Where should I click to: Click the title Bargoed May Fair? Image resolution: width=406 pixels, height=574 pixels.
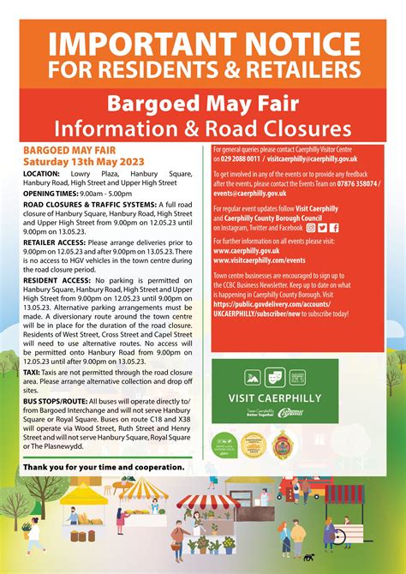tap(202, 105)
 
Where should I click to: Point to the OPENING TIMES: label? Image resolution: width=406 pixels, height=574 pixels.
tap(52, 194)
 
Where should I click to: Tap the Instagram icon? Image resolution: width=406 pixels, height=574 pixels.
tap(310, 227)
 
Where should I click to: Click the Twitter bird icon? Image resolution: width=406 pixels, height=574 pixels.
tap(322, 227)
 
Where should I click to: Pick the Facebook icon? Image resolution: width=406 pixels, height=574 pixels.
tap(334, 227)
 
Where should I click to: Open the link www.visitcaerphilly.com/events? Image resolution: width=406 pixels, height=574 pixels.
tap(260, 260)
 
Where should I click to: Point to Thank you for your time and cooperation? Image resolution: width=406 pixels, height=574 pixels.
tap(104, 466)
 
